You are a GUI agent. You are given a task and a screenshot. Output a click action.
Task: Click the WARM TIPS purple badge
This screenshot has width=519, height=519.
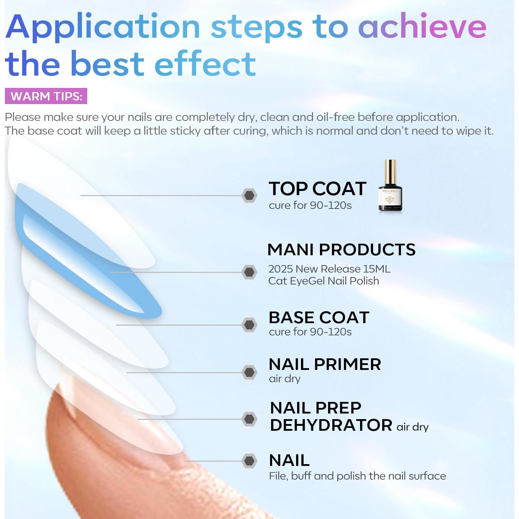(46, 96)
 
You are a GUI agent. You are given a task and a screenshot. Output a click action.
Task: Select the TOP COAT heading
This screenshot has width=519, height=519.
(317, 189)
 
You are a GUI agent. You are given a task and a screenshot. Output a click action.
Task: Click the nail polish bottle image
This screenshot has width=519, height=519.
(390, 186)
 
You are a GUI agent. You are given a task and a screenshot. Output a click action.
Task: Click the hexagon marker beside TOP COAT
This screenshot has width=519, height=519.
(249, 195)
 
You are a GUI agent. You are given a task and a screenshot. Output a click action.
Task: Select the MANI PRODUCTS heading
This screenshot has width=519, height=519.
(341, 250)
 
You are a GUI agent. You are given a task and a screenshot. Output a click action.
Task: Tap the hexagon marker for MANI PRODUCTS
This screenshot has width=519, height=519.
(249, 272)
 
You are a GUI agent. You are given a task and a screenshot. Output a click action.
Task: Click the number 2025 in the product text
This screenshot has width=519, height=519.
(280, 269)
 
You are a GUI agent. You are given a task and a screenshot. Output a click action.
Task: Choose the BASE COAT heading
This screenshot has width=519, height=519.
(319, 318)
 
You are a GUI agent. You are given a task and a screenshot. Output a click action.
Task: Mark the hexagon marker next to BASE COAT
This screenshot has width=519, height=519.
(249, 325)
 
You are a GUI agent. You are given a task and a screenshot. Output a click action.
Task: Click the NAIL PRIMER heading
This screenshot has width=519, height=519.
(325, 364)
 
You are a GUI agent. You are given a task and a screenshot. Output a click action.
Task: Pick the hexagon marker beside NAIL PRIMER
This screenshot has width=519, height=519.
(249, 372)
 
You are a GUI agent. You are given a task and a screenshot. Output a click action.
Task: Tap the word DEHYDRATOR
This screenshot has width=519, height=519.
(331, 425)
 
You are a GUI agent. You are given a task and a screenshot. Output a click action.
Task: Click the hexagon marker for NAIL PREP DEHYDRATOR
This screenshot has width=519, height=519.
(249, 419)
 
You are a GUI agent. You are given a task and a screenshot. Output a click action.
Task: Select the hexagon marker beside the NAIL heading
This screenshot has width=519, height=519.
(249, 461)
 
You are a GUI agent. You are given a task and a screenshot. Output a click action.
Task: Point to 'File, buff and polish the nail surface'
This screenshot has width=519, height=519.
(357, 476)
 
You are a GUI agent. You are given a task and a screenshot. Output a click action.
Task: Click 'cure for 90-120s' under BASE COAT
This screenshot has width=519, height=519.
(310, 332)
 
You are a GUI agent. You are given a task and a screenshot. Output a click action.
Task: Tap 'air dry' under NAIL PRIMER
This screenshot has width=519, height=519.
(284, 379)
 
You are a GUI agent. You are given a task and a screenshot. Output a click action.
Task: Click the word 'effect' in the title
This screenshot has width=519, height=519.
(205, 64)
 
